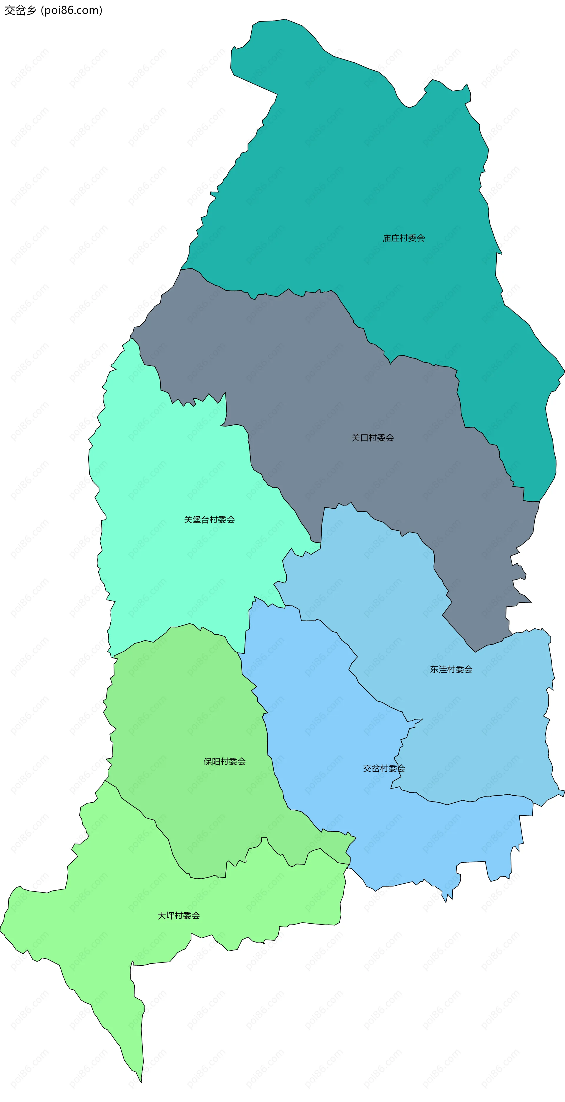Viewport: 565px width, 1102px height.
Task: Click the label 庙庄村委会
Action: pos(403,238)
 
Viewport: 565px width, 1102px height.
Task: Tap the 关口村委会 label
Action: pos(373,438)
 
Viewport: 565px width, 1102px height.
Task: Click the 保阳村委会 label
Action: pos(224,761)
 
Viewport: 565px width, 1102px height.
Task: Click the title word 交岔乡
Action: pos(20,10)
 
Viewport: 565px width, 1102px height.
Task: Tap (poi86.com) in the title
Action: pos(72,10)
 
